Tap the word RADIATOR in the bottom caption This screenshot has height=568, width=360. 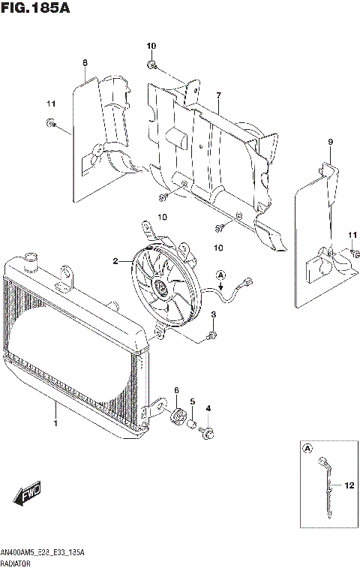click(16, 561)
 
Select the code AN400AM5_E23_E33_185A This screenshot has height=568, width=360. click(42, 551)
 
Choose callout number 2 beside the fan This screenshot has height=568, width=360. click(115, 261)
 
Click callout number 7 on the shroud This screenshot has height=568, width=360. click(218, 95)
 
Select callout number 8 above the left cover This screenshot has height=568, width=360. click(85, 62)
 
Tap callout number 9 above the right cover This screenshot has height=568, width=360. click(329, 142)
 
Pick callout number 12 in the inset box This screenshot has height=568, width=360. click(349, 485)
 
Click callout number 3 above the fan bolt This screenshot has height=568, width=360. click(213, 314)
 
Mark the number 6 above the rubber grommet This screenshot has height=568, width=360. click(176, 390)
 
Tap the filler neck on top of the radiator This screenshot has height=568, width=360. click(32, 263)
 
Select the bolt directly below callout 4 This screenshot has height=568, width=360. click(208, 432)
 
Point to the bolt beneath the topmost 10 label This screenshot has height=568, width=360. click(152, 67)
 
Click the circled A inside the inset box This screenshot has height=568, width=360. click(307, 449)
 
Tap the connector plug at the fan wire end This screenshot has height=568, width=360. click(247, 284)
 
